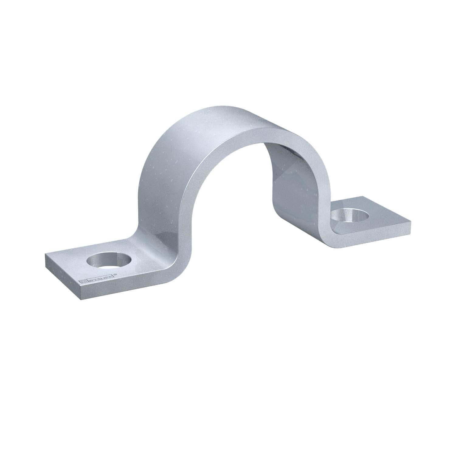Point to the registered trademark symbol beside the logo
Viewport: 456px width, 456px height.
pos(115,275)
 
